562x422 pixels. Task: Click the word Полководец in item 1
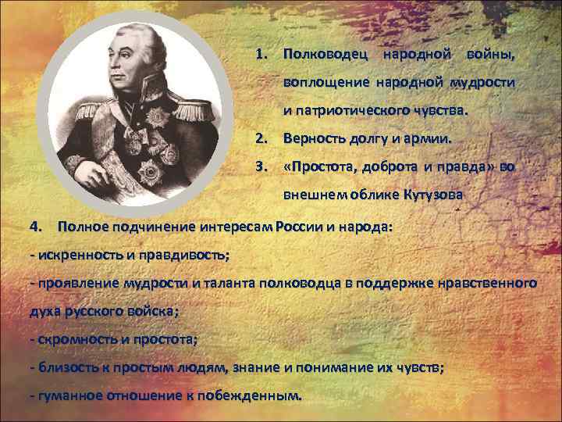click(325, 55)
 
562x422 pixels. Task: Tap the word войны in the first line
click(489, 55)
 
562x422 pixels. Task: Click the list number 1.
click(261, 55)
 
